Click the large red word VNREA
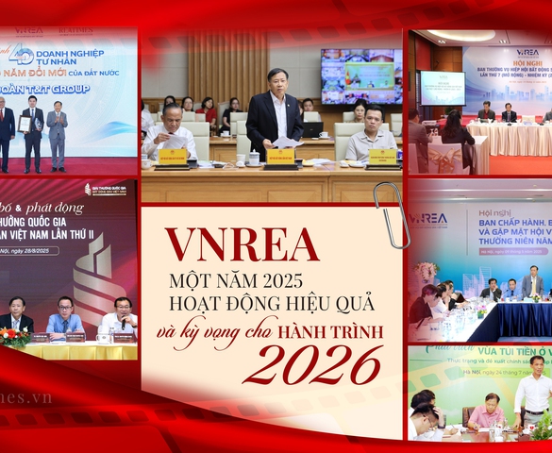(x=242, y=245)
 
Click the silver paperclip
(x=391, y=213)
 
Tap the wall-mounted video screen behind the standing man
(x=360, y=75)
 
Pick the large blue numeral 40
(x=21, y=56)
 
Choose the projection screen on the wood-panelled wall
(x=442, y=87)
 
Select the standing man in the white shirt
(x=535, y=388)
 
